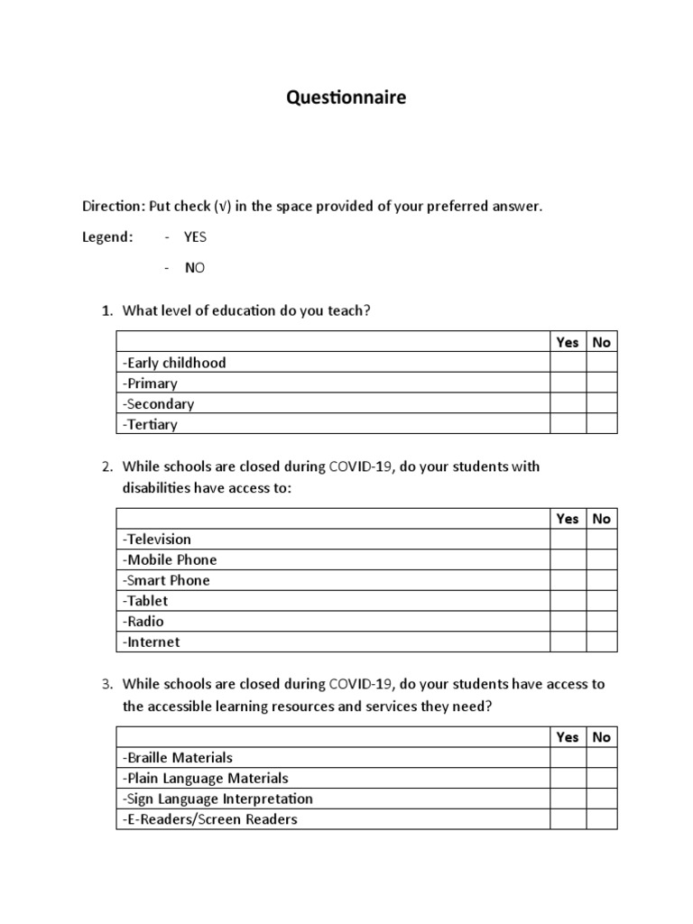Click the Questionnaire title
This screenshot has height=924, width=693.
click(x=346, y=97)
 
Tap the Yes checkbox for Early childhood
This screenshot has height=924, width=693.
click(x=568, y=363)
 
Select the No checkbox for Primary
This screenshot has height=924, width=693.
click(x=602, y=383)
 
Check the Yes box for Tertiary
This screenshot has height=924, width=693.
click(x=568, y=424)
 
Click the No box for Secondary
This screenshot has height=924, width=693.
click(x=602, y=404)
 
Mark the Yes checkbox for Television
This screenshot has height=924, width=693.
click(x=568, y=539)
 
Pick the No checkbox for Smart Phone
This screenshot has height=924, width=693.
click(x=602, y=580)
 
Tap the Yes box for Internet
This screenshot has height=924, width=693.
click(x=568, y=642)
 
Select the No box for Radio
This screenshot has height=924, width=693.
click(x=602, y=621)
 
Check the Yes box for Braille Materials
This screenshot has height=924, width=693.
click(x=568, y=757)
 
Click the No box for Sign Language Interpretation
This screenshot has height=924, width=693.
click(x=602, y=799)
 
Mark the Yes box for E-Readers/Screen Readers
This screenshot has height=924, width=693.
click(x=568, y=819)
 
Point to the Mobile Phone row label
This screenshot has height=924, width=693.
click(x=170, y=559)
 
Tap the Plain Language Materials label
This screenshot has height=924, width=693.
click(x=206, y=778)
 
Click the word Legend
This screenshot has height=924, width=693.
click(x=107, y=236)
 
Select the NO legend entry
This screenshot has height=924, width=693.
click(x=195, y=268)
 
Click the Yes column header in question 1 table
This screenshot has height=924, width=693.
click(x=568, y=342)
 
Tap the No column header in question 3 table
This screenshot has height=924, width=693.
click(x=602, y=736)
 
